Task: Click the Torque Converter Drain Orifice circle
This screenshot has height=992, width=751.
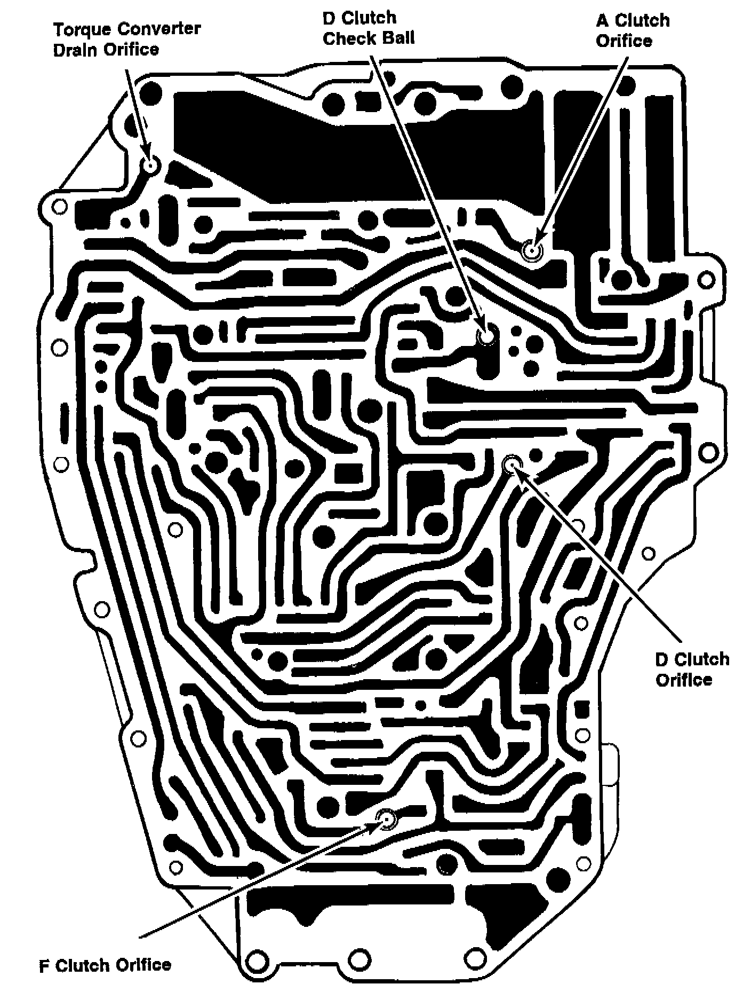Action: (x=151, y=164)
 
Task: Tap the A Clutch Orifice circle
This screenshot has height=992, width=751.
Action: (x=532, y=249)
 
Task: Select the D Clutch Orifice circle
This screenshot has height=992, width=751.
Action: (x=511, y=464)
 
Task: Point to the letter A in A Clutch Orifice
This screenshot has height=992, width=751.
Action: (x=602, y=21)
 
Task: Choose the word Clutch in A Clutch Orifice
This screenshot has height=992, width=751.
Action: (x=642, y=21)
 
